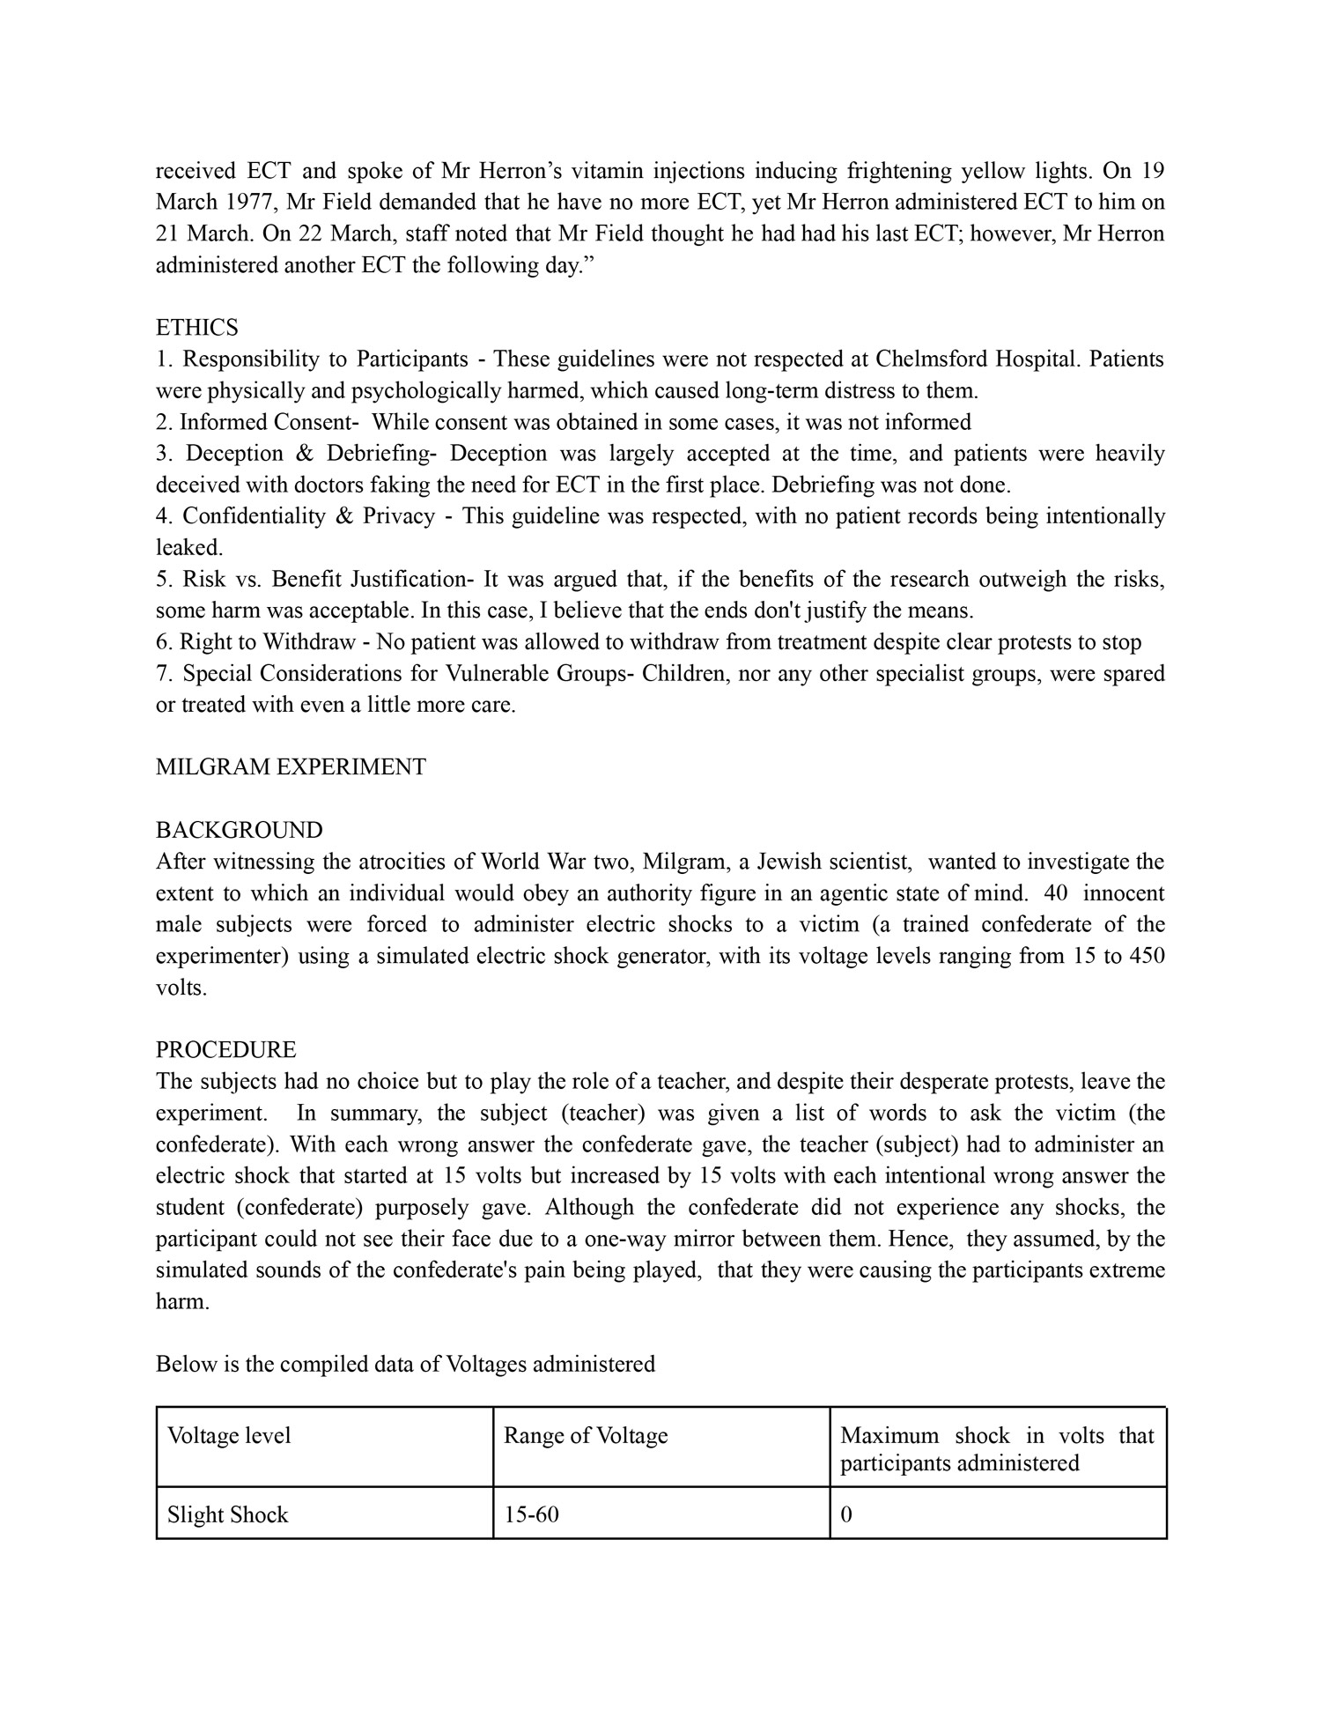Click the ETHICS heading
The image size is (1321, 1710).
tap(196, 328)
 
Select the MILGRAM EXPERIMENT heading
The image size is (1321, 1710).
tap(291, 766)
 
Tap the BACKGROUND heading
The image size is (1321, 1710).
tap(239, 830)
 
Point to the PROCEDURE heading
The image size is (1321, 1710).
tap(225, 1049)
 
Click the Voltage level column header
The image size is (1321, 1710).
tap(229, 1435)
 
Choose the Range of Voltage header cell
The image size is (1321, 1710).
tap(586, 1435)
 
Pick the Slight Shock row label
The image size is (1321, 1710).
tap(228, 1514)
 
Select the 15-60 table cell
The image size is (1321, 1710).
tap(531, 1514)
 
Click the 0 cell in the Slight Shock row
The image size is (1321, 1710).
tap(846, 1514)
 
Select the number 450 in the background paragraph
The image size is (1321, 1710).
tap(1146, 956)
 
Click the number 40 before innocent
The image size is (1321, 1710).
tap(1055, 892)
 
